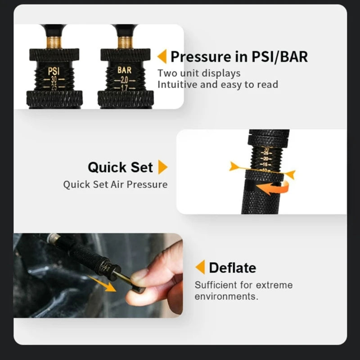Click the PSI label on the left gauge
coord(53,71)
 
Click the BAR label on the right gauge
coord(124,70)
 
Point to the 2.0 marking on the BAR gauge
coord(124,79)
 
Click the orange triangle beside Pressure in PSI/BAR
coord(162,57)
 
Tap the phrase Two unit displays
coord(199,73)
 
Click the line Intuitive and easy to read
coord(218,84)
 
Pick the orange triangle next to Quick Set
coord(162,167)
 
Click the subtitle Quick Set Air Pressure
coord(115,184)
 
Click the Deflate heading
coord(232,268)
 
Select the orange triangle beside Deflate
coord(200,267)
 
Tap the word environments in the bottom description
coord(226,297)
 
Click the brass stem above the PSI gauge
coord(54,42)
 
